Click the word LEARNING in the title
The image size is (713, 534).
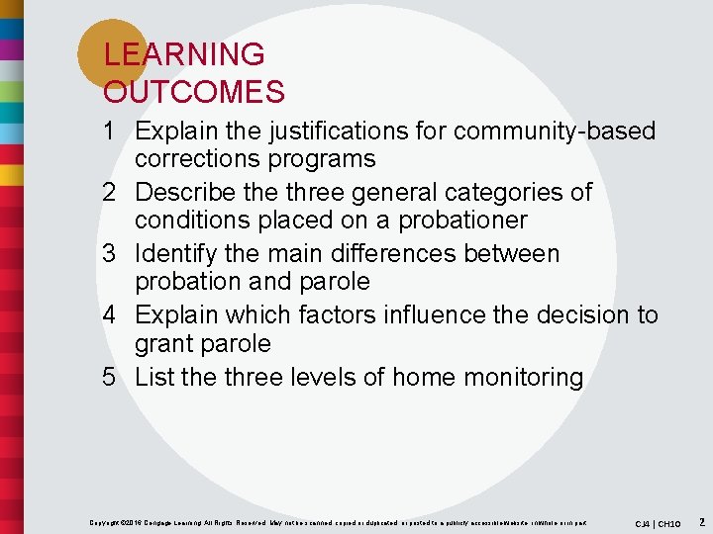[x=184, y=54]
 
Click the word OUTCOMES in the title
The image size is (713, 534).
[x=194, y=92]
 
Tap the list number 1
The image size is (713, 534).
[x=113, y=131]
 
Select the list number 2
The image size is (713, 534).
[x=113, y=192]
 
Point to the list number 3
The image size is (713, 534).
[x=113, y=253]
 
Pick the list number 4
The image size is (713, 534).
[x=113, y=314]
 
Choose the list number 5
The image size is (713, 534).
[x=113, y=377]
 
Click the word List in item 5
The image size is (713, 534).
[x=154, y=377]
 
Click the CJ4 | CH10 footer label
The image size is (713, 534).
[x=658, y=522]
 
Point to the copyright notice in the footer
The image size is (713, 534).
[x=337, y=522]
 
